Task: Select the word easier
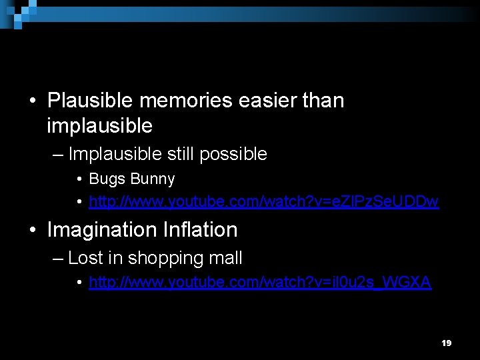click(266, 101)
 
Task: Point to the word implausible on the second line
click(100, 125)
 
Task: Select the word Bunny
click(153, 179)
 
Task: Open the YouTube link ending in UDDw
click(264, 201)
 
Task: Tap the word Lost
click(85, 258)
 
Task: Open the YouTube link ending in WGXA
click(260, 283)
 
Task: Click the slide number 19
click(447, 343)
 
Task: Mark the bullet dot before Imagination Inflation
click(33, 230)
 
